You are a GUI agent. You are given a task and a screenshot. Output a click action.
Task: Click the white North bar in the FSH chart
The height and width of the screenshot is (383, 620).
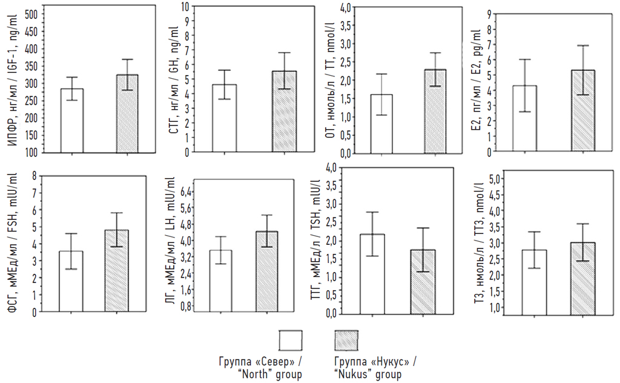[x=71, y=282]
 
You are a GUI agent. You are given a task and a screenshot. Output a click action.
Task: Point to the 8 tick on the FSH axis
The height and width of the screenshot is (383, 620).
[x=35, y=176]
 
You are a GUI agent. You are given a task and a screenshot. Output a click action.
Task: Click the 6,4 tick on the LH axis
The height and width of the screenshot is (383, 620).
[x=186, y=191]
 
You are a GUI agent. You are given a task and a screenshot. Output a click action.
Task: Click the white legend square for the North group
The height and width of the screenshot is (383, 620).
[x=291, y=341]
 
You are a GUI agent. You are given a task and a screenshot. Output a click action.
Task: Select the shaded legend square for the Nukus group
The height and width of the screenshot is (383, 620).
[x=346, y=341]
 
